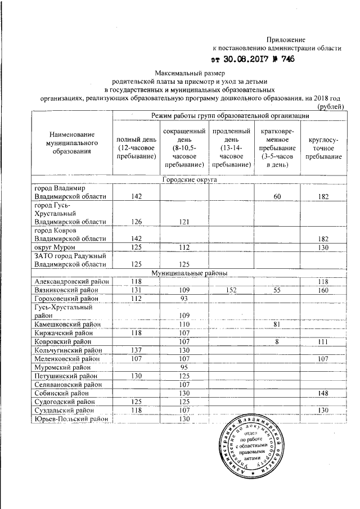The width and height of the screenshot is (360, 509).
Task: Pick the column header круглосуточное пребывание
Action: [x=323, y=147]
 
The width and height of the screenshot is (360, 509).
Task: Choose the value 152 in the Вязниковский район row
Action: [x=231, y=290]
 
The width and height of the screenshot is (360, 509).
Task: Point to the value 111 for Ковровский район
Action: [x=323, y=341]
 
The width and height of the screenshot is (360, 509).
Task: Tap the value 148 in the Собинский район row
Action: [x=323, y=393]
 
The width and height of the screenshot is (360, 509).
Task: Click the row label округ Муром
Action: [x=54, y=247]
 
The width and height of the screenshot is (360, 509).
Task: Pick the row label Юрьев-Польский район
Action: [x=70, y=419]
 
